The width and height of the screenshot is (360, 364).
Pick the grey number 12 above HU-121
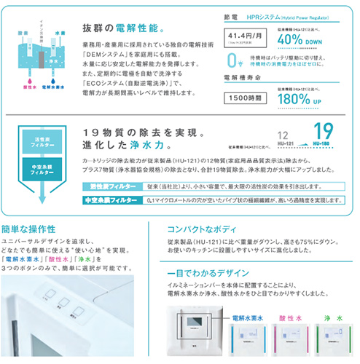(x=284, y=134)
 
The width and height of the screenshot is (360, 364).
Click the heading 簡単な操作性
(x=36, y=227)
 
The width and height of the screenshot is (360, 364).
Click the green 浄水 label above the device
(x=332, y=298)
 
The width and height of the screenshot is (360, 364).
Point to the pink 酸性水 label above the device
(x=291, y=298)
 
